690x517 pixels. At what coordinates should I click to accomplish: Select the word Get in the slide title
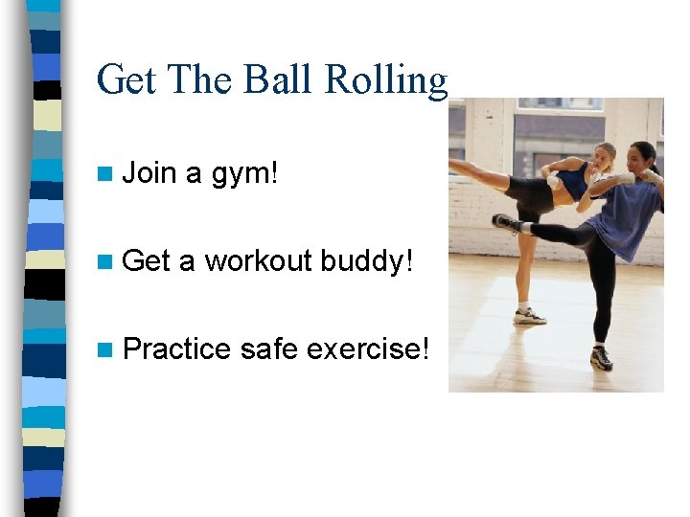[x=127, y=79]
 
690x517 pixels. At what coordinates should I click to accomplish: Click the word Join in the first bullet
[x=150, y=173]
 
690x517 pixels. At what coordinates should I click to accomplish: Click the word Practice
[x=177, y=349]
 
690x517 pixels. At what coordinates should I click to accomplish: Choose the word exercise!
[x=367, y=349]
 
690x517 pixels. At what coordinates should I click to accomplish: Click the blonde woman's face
[x=604, y=157]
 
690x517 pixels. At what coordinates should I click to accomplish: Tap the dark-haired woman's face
[x=642, y=156]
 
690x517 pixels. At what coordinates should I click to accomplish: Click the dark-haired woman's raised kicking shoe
[x=505, y=223]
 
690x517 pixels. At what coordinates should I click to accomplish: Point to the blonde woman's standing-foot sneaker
[x=529, y=316]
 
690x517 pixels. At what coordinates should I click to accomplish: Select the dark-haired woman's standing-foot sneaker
[x=601, y=358]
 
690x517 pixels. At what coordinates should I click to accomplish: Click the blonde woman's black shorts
[x=532, y=194]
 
